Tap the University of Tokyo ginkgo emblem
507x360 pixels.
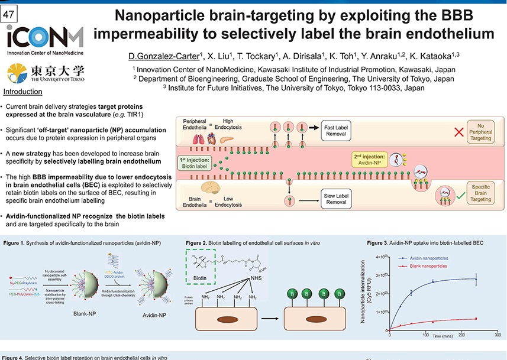(17, 73)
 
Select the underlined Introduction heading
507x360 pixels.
(22, 92)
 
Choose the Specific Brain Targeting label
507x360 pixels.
(485, 193)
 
